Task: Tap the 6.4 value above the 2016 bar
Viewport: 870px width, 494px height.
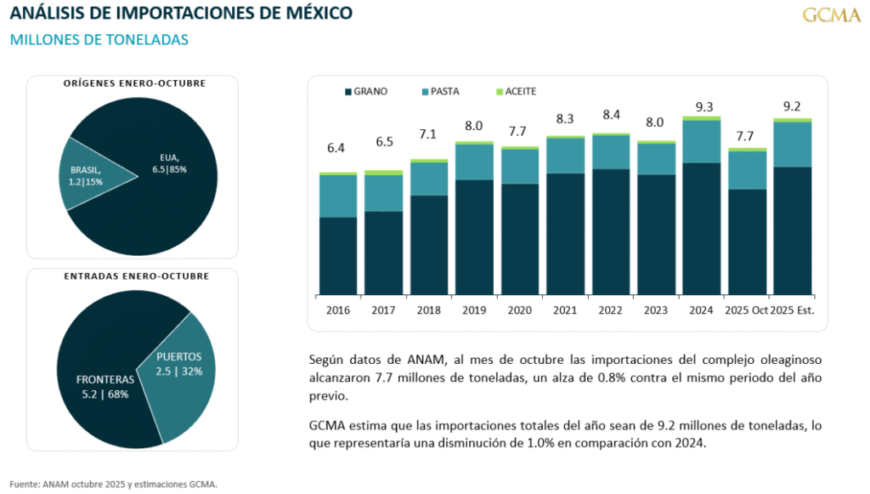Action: coord(336,149)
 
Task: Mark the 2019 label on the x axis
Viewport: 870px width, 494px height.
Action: coord(473,310)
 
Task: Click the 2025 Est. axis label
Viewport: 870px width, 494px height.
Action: coord(792,310)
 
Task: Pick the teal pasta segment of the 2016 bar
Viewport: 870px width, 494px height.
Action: coord(337,196)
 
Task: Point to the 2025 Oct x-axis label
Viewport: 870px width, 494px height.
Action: coord(745,310)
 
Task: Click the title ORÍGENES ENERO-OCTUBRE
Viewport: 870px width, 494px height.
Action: coord(134,83)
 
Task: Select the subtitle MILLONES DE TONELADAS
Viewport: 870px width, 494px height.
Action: coord(99,40)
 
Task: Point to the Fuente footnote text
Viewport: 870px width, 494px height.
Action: coord(114,484)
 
